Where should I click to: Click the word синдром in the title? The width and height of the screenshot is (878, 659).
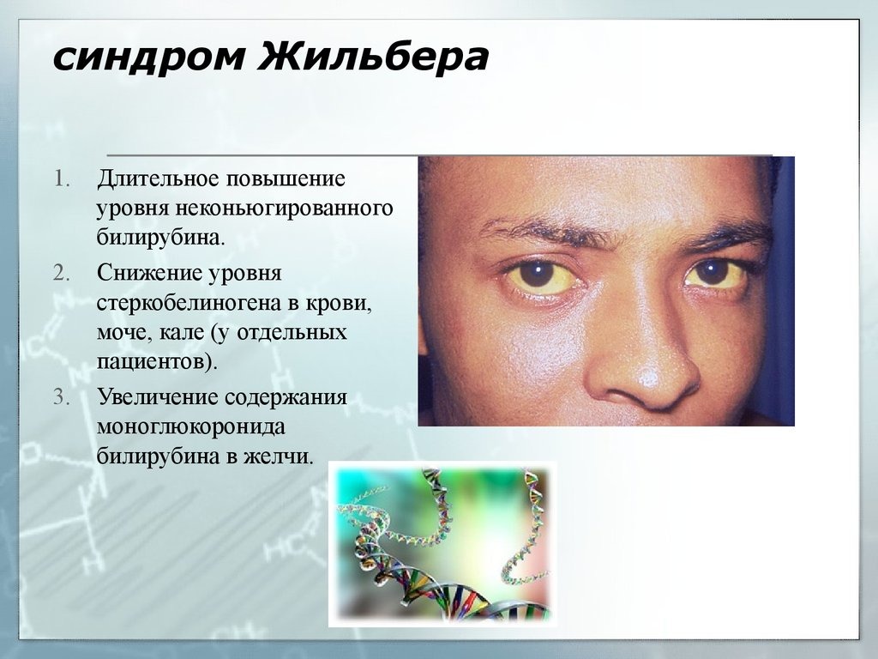click(146, 59)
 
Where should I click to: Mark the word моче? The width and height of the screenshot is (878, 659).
click(120, 331)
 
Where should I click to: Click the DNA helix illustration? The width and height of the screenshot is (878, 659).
click(442, 544)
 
